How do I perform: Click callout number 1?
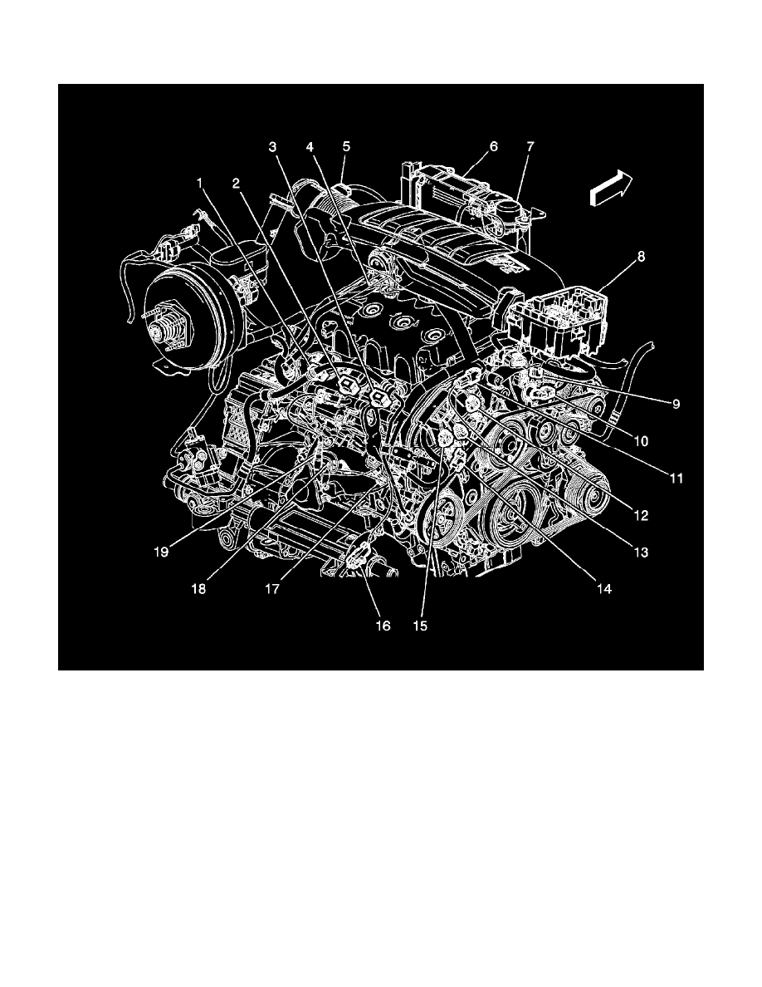click(x=198, y=180)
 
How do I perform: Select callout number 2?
click(x=237, y=182)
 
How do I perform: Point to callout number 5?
click(x=347, y=146)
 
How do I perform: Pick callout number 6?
click(x=493, y=146)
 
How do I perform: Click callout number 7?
click(x=530, y=146)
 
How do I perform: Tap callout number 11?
click(x=676, y=478)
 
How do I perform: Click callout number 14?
click(x=603, y=588)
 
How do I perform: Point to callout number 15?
click(x=421, y=625)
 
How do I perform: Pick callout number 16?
click(x=382, y=625)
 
